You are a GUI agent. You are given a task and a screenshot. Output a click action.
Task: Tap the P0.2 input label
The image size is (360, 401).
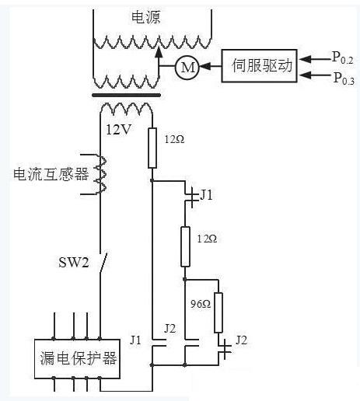pos(343,58)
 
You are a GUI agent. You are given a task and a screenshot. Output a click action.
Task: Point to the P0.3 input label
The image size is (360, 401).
pos(344,78)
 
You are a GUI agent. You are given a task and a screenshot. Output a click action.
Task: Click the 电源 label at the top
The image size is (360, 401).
pos(146,17)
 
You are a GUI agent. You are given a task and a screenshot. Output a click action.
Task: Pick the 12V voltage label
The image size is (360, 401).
pos(119,129)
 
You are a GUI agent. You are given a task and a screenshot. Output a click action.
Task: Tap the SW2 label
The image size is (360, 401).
pos(74,262)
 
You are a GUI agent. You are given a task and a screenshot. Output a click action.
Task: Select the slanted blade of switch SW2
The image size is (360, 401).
pos(103,263)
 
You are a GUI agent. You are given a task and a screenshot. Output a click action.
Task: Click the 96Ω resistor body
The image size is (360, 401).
pos(218,312)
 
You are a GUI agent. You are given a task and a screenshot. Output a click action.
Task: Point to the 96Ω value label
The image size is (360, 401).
pos(201,304)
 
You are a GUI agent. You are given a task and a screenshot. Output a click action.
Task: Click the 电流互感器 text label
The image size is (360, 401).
pos(51,174)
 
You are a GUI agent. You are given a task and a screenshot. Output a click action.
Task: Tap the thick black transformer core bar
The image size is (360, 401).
pos(127,95)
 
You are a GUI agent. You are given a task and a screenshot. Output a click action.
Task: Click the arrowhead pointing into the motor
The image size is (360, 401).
pos(205,66)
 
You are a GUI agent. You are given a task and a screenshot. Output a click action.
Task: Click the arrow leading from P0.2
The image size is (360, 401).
pos(315,59)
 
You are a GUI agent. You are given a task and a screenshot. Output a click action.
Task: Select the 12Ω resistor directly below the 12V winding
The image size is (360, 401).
pos(152,148)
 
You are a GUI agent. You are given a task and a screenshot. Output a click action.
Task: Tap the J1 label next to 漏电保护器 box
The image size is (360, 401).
pos(135,340)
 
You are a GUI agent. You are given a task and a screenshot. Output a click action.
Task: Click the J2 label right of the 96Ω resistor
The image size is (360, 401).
pos(241,340)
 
